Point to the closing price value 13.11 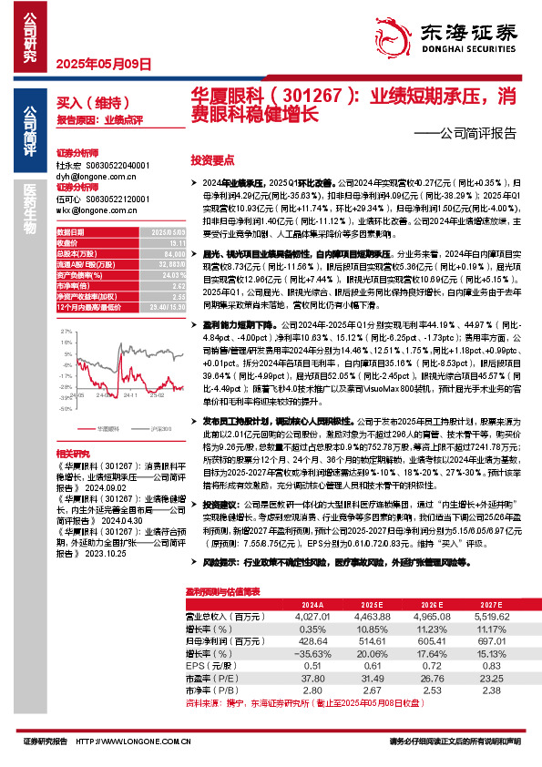click(159, 243)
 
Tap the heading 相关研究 click(72, 453)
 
